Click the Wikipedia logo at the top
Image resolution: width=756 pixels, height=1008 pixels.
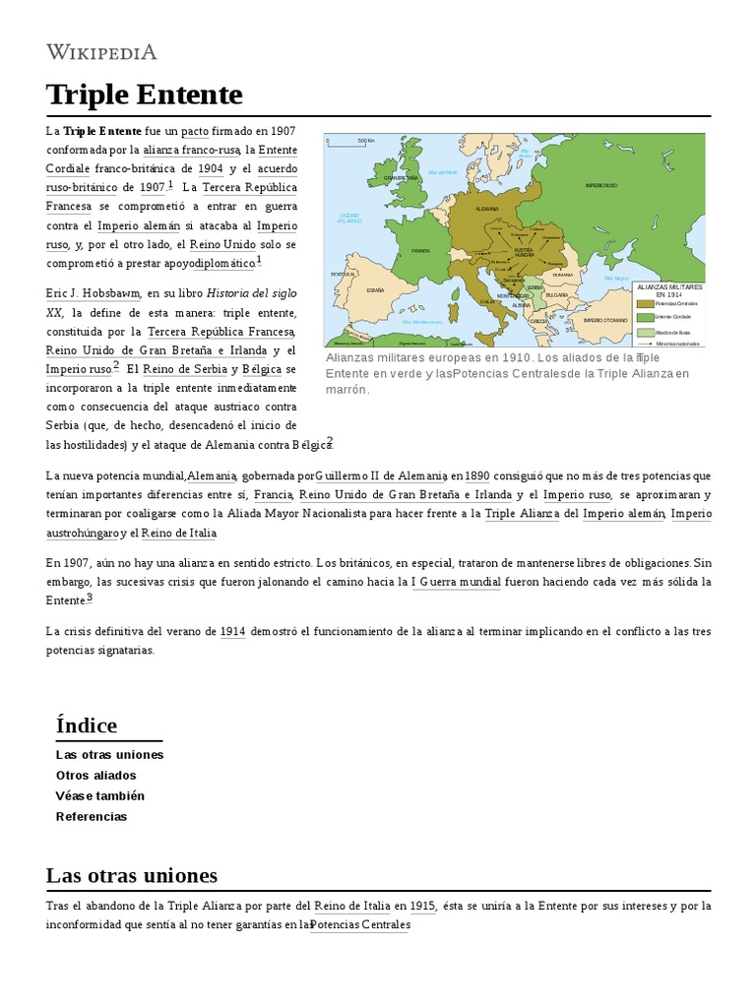101,52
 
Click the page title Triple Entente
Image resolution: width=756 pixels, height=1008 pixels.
144,94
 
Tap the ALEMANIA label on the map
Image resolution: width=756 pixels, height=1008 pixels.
486,210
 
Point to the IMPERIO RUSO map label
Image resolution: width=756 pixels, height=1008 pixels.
599,185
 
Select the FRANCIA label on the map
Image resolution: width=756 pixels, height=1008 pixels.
420,251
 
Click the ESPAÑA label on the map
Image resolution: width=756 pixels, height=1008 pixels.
375,290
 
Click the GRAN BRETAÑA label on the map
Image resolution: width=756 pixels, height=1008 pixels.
401,178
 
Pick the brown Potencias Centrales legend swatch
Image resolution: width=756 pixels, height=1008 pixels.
645,304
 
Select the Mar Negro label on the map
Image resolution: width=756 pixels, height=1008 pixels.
616,279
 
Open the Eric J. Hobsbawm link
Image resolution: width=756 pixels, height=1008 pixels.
94,293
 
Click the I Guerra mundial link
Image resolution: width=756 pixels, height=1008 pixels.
456,582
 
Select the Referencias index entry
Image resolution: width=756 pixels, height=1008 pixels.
92,816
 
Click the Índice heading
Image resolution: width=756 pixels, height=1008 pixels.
87,725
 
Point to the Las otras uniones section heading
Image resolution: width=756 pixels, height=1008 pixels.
132,875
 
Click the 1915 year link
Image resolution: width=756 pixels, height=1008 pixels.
423,906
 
